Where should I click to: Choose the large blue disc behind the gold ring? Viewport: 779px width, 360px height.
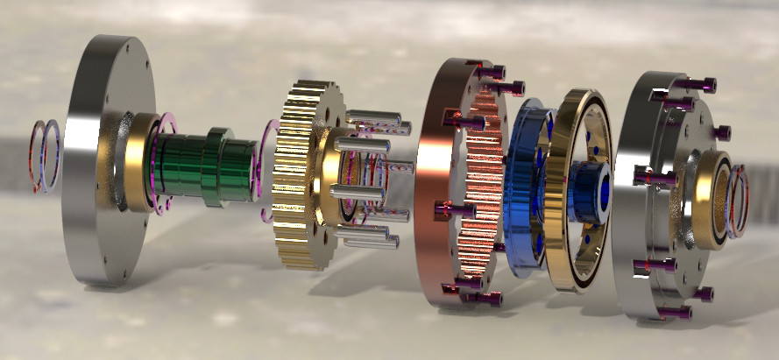click(523, 188)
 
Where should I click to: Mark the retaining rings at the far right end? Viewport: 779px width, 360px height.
click(740, 201)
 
